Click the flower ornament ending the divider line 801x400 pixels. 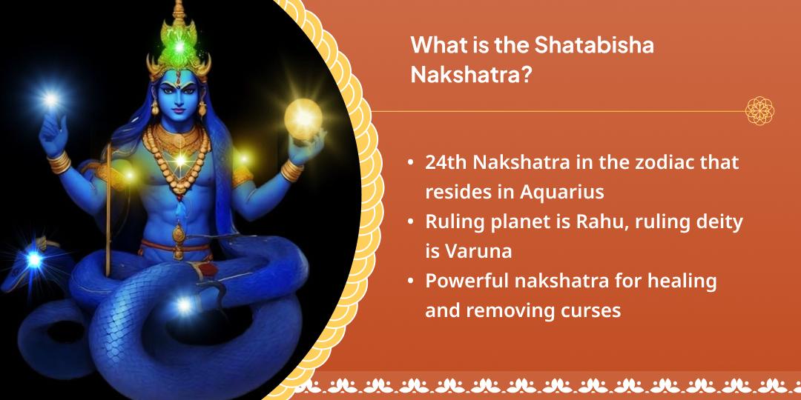pos(759,111)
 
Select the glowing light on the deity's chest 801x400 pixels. pos(179,160)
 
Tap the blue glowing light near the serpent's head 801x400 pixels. pos(33,259)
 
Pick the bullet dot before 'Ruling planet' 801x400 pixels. pos(411,222)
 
